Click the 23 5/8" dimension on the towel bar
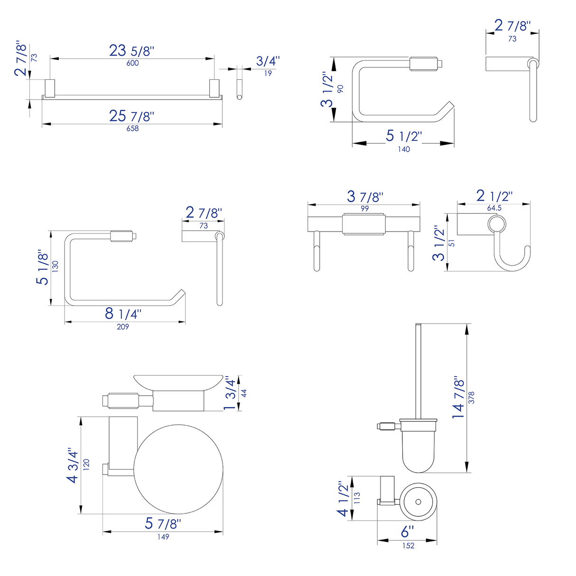pyautogui.click(x=131, y=50)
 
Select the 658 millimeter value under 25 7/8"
pyautogui.click(x=132, y=129)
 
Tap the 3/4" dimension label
pyautogui.click(x=268, y=61)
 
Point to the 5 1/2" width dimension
pyautogui.click(x=403, y=136)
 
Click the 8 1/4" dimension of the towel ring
pyautogui.click(x=123, y=314)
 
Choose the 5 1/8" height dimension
pyautogui.click(x=43, y=268)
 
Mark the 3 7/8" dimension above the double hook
pyautogui.click(x=364, y=196)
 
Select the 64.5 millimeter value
pyautogui.click(x=494, y=208)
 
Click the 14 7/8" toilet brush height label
pyautogui.click(x=458, y=398)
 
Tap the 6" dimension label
pyautogui.click(x=407, y=532)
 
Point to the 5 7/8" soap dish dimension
pyautogui.click(x=163, y=524)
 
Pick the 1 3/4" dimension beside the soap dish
pyautogui.click(x=230, y=393)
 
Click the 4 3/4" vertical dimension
pyautogui.click(x=73, y=465)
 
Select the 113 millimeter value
pyautogui.click(x=357, y=498)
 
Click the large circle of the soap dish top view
pyautogui.click(x=179, y=469)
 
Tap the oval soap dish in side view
pyautogui.click(x=178, y=381)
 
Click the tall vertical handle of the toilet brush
pyautogui.click(x=418, y=370)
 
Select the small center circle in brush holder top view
pyautogui.click(x=418, y=502)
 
